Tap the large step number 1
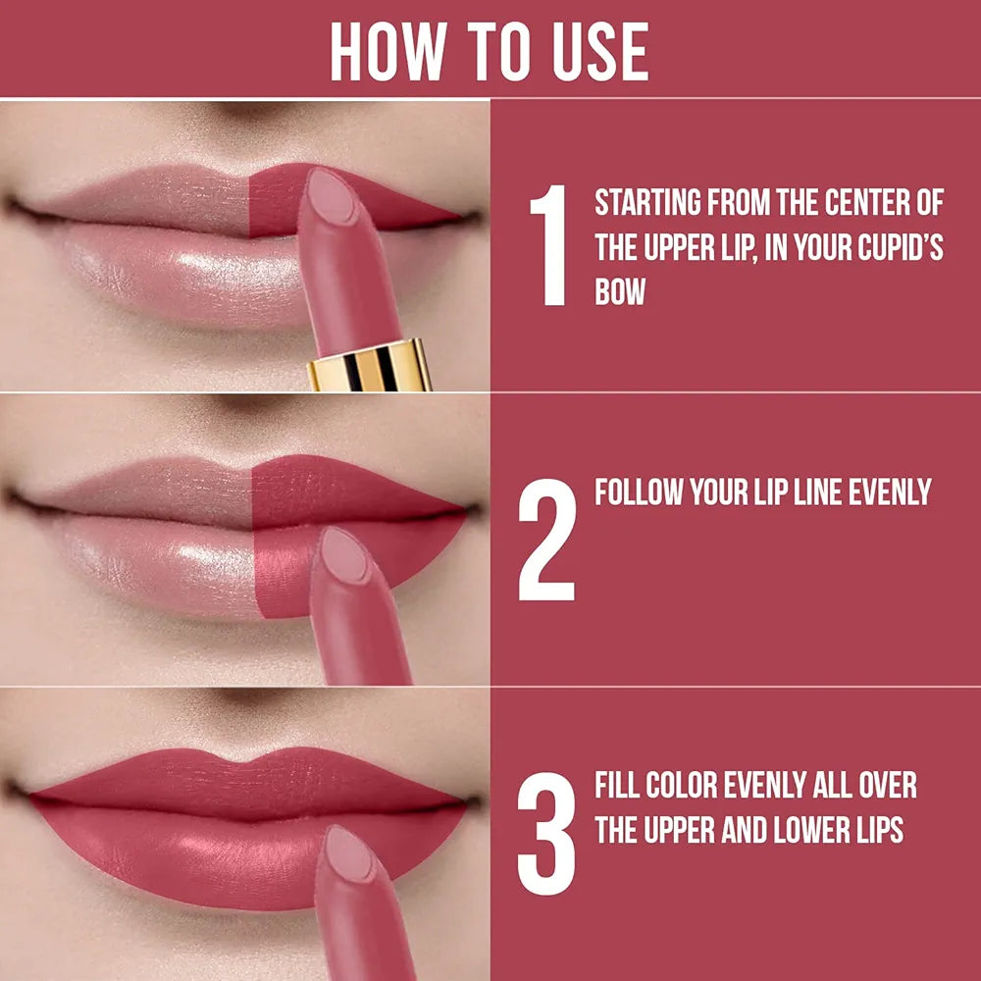point(548,245)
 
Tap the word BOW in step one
point(620,292)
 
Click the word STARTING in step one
point(647,204)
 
